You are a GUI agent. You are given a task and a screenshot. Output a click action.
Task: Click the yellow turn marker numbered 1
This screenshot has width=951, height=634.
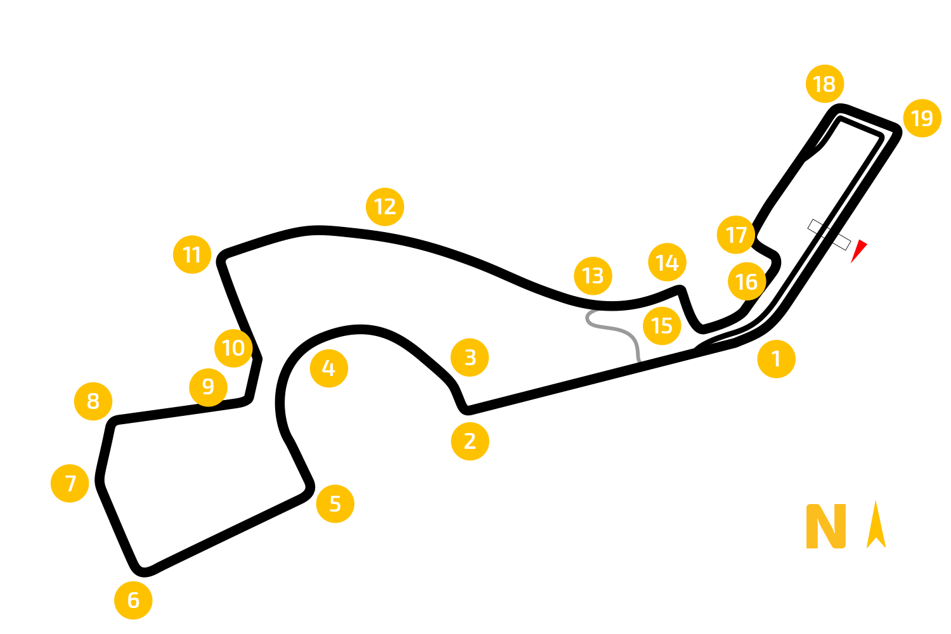776,359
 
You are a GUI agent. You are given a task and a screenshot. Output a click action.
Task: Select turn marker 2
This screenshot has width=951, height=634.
470,441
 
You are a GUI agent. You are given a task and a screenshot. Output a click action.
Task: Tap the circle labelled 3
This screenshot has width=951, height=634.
470,358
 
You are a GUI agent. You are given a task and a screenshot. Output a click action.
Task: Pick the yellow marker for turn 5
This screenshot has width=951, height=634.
335,503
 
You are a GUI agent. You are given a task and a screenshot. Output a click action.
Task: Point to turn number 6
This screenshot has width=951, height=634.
133,600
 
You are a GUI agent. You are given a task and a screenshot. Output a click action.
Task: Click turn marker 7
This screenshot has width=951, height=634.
70,483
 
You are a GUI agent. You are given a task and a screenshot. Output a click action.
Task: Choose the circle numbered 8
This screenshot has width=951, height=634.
93,401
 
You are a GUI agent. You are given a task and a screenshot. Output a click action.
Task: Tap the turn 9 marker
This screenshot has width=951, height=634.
208,387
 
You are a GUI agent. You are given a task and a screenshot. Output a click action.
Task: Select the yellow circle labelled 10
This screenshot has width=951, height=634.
233,348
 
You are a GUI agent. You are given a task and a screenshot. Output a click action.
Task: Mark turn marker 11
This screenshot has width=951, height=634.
192,254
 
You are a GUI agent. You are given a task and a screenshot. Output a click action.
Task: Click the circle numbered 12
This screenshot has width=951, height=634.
385,207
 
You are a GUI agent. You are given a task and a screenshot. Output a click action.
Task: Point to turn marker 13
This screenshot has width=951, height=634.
593,276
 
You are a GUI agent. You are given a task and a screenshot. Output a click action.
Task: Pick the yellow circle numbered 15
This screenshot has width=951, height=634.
662,326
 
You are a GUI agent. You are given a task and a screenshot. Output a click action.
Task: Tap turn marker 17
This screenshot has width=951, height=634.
735,235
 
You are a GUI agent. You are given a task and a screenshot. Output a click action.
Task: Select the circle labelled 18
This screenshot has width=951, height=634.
825,84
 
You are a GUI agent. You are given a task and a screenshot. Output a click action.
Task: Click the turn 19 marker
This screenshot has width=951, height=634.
922,118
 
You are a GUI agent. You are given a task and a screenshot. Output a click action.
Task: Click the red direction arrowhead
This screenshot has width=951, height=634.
858,250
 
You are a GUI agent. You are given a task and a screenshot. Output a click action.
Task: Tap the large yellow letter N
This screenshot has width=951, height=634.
825,526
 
